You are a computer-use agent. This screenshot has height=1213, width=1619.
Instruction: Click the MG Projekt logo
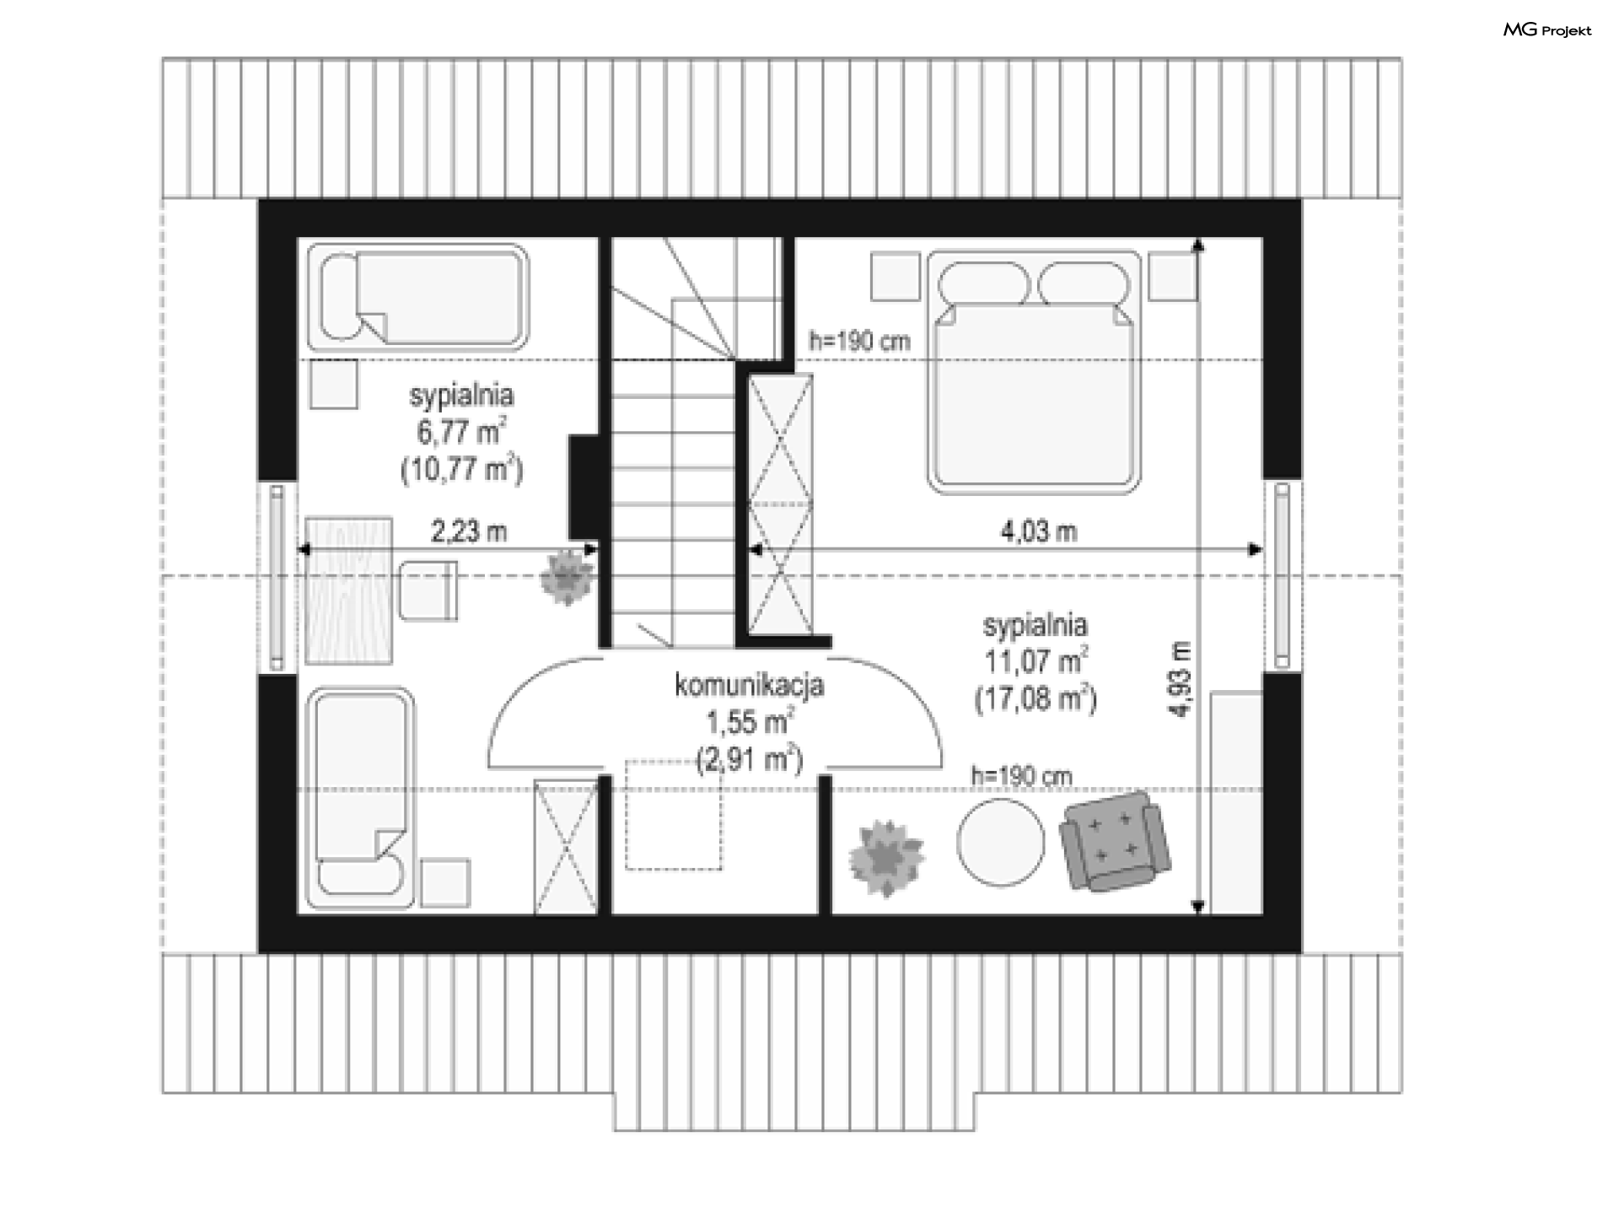pos(1547,30)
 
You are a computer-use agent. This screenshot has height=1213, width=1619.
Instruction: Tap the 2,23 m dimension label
pos(469,531)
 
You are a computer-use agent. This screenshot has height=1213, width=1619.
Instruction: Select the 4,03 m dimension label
pos(1038,531)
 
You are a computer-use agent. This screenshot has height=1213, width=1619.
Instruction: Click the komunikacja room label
pos(749,686)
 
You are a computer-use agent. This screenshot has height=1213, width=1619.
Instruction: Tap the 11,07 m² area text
pos(1035,660)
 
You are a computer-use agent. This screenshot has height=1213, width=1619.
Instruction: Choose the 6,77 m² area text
pos(461,432)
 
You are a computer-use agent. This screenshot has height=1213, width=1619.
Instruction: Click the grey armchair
pos(1116,840)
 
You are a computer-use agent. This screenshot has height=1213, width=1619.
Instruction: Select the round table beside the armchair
pos(1001,842)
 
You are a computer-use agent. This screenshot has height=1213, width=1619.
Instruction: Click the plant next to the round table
pos(885,857)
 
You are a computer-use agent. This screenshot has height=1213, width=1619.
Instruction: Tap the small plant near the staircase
pos(567,577)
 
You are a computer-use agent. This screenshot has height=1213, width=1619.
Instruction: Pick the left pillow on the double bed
pos(984,283)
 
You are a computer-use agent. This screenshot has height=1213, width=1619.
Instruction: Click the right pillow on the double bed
pos(1084,283)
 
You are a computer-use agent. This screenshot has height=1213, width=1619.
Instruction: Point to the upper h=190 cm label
pos(859,341)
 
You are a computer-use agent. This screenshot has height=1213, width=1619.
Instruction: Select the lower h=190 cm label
pos(1021,775)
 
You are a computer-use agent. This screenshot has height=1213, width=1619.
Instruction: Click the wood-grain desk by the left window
pos(348,590)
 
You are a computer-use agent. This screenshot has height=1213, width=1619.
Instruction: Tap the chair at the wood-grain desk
pos(428,590)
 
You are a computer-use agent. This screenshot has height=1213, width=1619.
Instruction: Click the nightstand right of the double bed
pos(1173,276)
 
